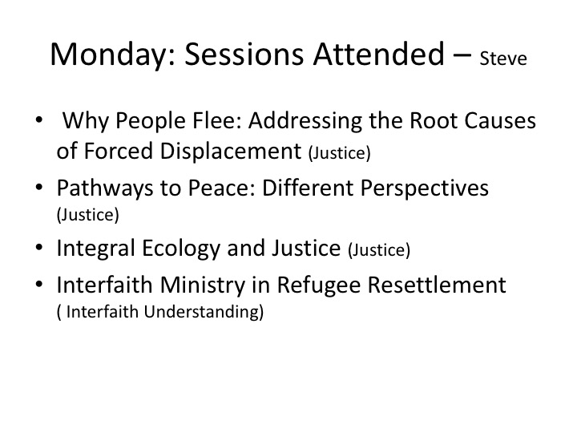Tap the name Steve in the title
(x=503, y=59)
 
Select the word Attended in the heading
(x=378, y=55)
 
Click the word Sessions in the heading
(x=244, y=55)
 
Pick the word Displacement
(x=231, y=151)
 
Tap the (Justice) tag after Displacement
(x=339, y=153)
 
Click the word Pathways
(x=104, y=188)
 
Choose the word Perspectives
(x=425, y=188)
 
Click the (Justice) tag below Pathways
(x=88, y=215)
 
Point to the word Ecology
(x=180, y=248)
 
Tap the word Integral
(x=95, y=248)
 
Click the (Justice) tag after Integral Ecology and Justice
(x=379, y=250)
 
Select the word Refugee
(x=319, y=285)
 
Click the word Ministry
(x=203, y=285)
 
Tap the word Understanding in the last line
(x=204, y=311)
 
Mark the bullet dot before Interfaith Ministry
(x=39, y=285)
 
